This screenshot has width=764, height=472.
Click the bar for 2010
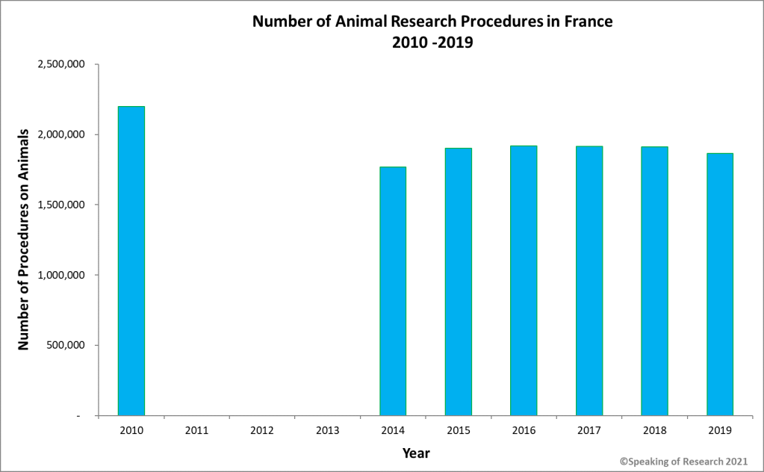[x=131, y=261]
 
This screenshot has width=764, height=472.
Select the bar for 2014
[x=393, y=291]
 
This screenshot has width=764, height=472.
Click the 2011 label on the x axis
[x=196, y=430]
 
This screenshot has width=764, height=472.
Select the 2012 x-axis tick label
[x=262, y=430]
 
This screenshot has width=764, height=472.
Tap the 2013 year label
[x=328, y=430]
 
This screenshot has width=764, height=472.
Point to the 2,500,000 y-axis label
[x=62, y=64]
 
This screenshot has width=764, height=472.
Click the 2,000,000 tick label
[x=62, y=134]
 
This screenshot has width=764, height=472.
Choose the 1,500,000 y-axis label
[x=62, y=205]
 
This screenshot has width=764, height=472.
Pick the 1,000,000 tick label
[x=62, y=275]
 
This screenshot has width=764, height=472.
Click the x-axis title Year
[x=416, y=453]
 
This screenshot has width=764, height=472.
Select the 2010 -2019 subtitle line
[x=432, y=43]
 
